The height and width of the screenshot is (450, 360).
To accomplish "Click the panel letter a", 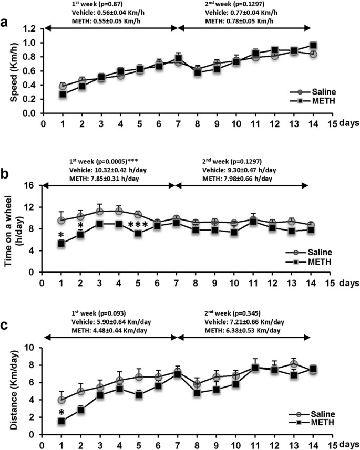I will coord(6,24).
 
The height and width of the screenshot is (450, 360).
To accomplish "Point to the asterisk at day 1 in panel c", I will coord(61,411).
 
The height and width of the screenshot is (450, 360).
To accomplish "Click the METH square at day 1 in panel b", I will coord(61,244).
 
